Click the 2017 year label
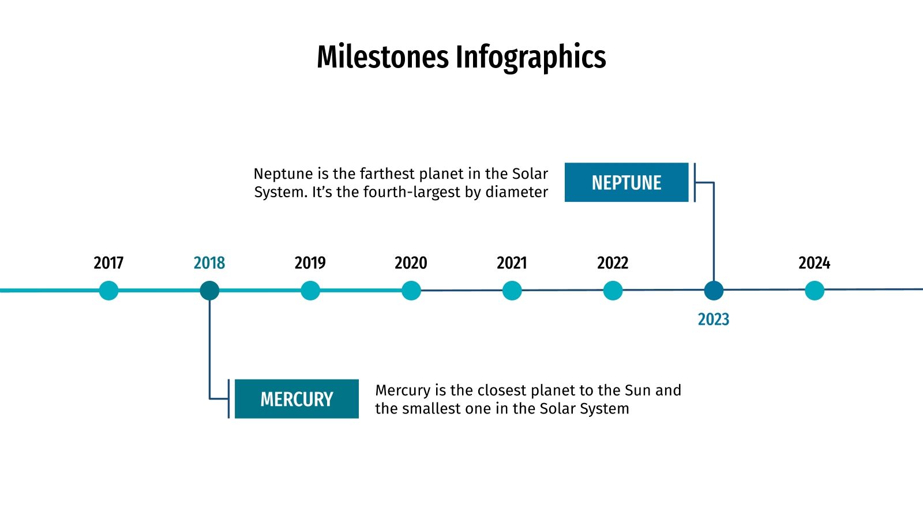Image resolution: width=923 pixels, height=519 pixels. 108,263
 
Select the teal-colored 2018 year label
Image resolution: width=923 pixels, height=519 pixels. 209,263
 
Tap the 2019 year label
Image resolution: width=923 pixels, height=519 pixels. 310,263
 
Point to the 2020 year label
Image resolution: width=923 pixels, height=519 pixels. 411,263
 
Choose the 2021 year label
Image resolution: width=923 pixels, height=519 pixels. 512,263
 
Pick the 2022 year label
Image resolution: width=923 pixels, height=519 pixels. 612,263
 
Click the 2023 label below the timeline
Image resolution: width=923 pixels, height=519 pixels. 713,319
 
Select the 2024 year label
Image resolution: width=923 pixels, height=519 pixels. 814,263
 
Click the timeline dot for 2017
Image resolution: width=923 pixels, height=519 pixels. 108,291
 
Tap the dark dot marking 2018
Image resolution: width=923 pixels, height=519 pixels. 209,291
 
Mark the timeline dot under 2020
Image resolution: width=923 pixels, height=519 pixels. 411,291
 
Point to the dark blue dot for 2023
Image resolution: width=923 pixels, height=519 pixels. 714,291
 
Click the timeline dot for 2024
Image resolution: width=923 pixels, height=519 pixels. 814,291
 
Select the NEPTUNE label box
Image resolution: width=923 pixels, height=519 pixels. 626,183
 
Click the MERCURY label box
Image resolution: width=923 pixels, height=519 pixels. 297,399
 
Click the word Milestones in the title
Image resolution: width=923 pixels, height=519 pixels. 382,57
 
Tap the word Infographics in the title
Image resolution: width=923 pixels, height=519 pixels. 531,57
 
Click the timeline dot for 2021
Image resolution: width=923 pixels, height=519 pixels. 512,291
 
